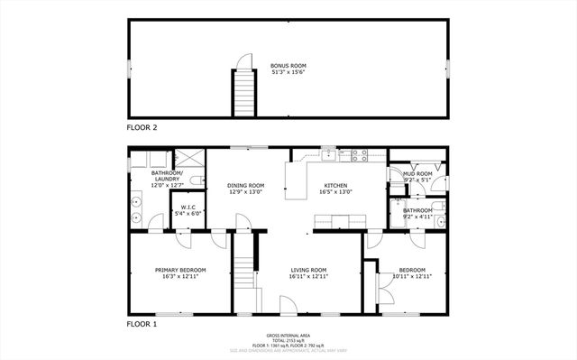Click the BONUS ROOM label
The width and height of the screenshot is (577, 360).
click(288, 66)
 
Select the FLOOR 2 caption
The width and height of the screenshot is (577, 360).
click(142, 128)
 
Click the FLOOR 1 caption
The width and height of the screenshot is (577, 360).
click(142, 323)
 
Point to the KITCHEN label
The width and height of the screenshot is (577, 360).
click(335, 185)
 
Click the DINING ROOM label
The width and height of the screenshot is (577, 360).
click(245, 185)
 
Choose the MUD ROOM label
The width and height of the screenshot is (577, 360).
click(417, 173)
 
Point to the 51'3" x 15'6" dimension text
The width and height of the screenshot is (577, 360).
click(288, 73)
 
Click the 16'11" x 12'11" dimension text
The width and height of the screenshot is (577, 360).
click(307, 277)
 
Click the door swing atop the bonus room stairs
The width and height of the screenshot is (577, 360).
click(241, 62)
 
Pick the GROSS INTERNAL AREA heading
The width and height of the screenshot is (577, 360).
click(288, 334)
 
